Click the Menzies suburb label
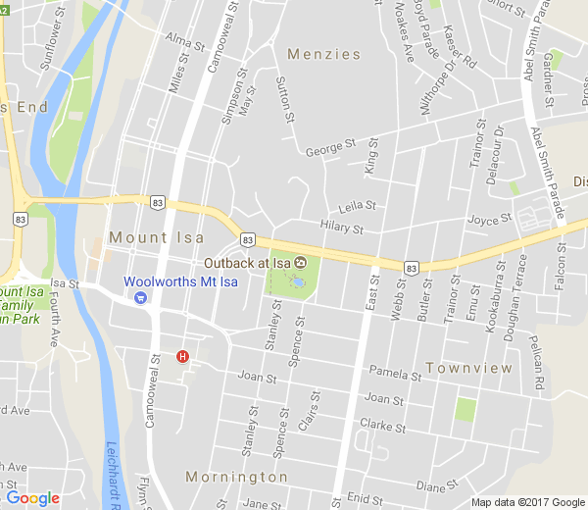[323, 54]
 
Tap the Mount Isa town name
[157, 237]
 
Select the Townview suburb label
[469, 368]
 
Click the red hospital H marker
[181, 357]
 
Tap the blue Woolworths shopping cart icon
[141, 297]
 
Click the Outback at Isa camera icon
[301, 262]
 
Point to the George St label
[330, 149]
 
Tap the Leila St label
[357, 207]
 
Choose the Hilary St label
[342, 229]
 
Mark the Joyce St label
[490, 220]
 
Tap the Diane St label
[438, 485]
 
